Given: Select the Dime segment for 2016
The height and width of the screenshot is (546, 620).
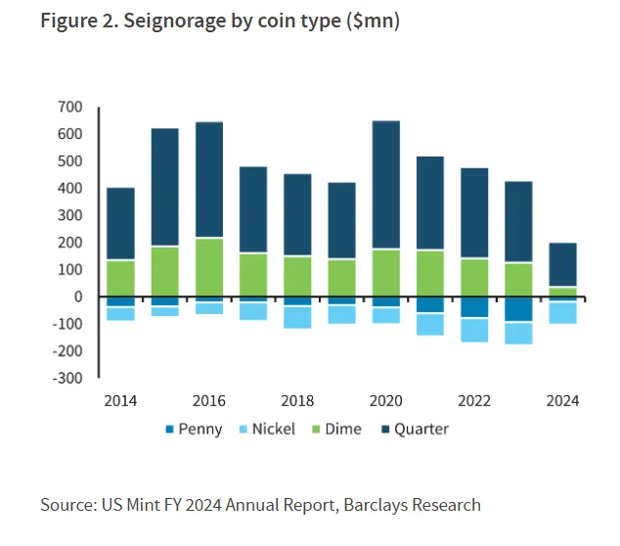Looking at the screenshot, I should point(209,267).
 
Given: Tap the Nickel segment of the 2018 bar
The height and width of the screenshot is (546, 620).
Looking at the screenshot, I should point(297,317).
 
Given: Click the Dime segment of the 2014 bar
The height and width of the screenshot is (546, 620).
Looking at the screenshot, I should point(120,278).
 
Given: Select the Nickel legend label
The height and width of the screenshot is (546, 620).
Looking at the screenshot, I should point(271,429).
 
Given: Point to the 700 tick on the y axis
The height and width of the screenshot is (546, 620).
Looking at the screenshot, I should point(70,107).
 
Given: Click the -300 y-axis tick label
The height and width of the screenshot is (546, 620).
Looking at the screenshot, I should point(66,378).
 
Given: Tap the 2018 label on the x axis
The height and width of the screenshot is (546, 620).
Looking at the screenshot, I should point(297,401).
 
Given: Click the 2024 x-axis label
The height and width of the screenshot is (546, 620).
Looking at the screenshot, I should point(562,401).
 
